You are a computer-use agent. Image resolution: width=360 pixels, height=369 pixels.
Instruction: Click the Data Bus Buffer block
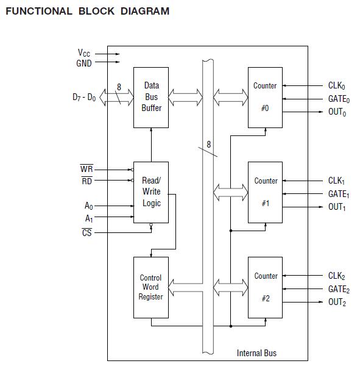(x=151, y=98)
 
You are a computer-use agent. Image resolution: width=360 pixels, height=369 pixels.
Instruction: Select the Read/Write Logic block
(x=151, y=192)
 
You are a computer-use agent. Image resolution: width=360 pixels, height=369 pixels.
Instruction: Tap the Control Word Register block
(x=150, y=287)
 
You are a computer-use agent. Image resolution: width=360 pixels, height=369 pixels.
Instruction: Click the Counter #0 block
(x=265, y=98)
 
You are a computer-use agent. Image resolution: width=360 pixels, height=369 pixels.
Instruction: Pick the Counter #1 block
(x=265, y=192)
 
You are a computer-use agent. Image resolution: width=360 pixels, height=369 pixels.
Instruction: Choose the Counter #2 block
(x=265, y=287)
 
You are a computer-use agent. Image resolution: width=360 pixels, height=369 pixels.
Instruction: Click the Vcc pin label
(x=85, y=53)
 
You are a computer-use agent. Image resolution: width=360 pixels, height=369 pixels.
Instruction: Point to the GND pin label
(x=84, y=63)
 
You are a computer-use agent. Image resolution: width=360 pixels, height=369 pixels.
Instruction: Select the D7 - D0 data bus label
(x=84, y=97)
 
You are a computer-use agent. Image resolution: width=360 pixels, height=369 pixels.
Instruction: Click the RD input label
(x=86, y=181)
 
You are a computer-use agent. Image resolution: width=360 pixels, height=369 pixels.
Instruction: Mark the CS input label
(x=86, y=232)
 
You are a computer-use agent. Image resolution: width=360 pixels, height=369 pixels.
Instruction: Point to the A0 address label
(x=88, y=206)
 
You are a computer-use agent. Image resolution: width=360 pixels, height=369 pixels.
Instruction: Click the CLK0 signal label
(x=337, y=86)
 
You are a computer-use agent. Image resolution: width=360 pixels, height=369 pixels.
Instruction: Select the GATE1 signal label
(x=338, y=194)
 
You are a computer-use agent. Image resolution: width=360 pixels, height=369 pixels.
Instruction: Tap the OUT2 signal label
(x=337, y=302)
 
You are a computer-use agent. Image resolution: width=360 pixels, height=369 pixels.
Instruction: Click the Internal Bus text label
(x=256, y=353)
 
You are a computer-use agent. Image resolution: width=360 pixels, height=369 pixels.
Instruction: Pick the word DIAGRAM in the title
(x=142, y=11)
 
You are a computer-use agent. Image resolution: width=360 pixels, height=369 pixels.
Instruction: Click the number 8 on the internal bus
(x=209, y=145)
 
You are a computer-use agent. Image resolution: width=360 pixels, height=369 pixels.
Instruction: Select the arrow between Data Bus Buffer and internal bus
(x=185, y=96)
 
